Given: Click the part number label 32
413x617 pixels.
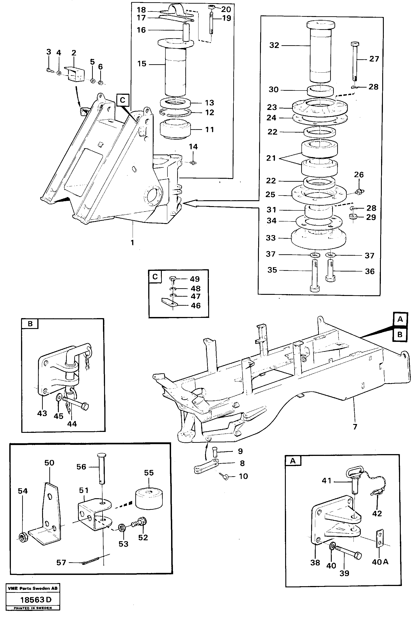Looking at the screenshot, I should pos(274,45).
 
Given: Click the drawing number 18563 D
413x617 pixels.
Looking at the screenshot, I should pos(36,600).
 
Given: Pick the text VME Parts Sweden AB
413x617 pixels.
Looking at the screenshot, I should pos(33,588).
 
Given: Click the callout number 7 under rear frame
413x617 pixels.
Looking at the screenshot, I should pos(355,427).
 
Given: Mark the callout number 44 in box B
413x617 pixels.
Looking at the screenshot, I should pos(72,424).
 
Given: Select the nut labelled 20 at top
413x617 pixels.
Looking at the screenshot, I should pos(212,7).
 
